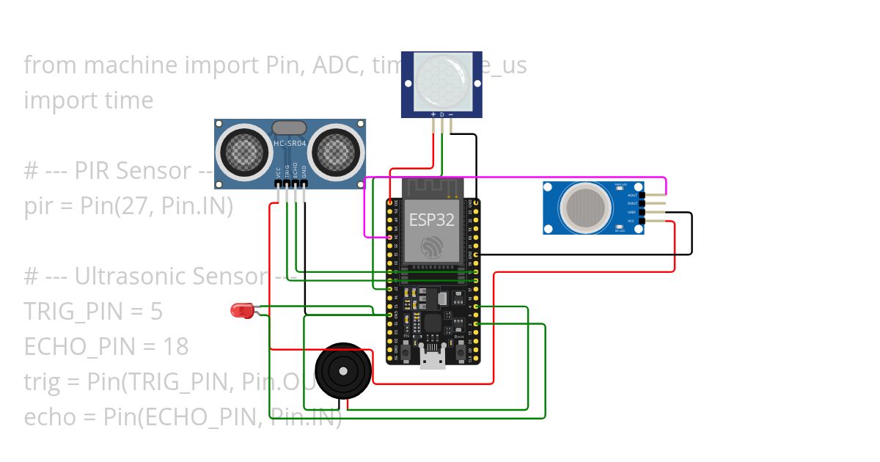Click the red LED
tap(241, 311)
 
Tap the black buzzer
tap(344, 371)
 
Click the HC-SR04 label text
tap(290, 144)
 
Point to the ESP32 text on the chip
tap(431, 219)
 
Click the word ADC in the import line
tap(334, 65)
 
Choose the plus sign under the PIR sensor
tap(433, 114)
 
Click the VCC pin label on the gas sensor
tap(631, 220)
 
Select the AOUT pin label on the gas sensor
tap(631, 195)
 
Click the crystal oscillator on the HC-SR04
tap(290, 128)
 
